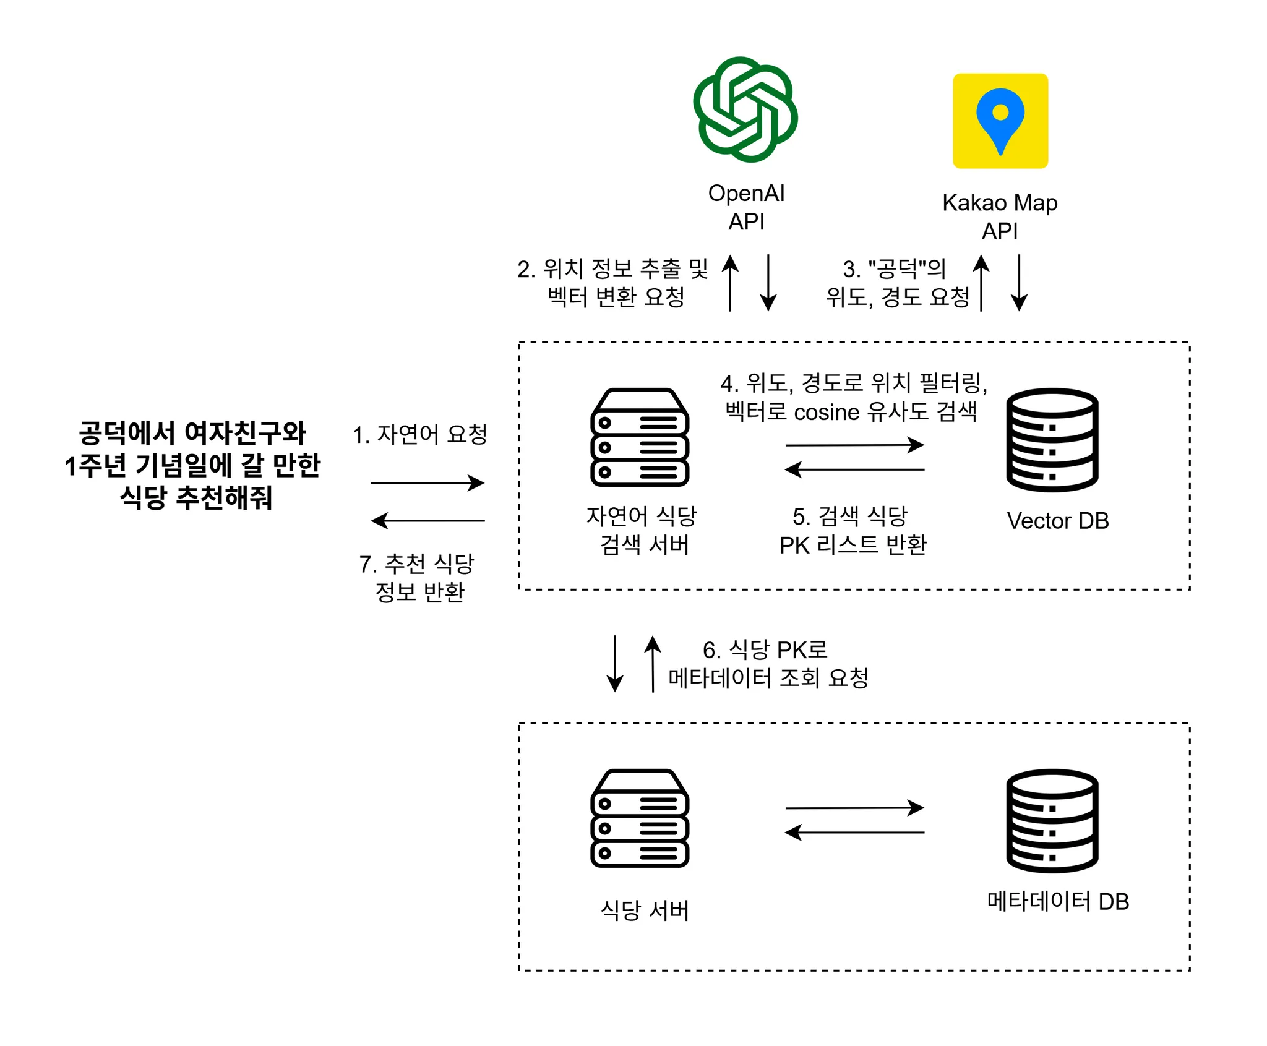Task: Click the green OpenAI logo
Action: tap(745, 109)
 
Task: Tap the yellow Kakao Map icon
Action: tap(1000, 121)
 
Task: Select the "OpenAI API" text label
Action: tap(746, 207)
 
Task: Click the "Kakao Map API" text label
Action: tap(1000, 216)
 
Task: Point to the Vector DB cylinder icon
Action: tap(1052, 440)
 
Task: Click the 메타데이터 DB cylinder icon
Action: tap(1052, 821)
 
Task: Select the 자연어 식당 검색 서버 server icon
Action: tap(640, 437)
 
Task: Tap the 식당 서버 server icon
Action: tap(640, 818)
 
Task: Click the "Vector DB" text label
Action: tap(1057, 521)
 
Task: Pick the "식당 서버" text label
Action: tap(644, 911)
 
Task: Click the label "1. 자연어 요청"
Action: tap(420, 434)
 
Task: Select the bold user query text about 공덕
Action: tap(192, 465)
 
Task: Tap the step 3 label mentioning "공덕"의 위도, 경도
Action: tap(897, 283)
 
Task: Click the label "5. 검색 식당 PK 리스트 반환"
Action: tap(853, 530)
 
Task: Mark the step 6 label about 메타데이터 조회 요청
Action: tap(768, 664)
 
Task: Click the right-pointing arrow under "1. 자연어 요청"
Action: tap(427, 483)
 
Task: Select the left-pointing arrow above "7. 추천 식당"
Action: tap(427, 521)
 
